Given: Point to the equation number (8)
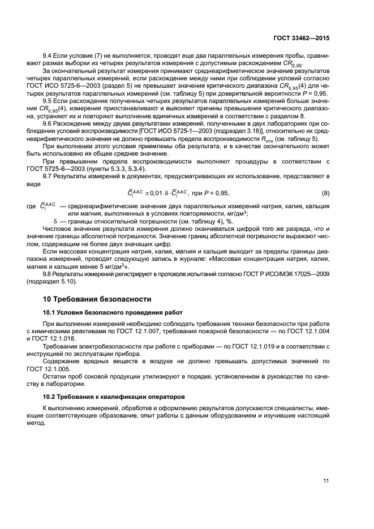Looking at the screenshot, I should point(325,193).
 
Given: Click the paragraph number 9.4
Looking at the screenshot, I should point(48,57).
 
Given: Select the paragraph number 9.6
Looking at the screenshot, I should point(48,123).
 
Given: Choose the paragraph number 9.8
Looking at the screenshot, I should point(48,273).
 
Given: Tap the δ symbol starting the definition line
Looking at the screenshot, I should point(55,221).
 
